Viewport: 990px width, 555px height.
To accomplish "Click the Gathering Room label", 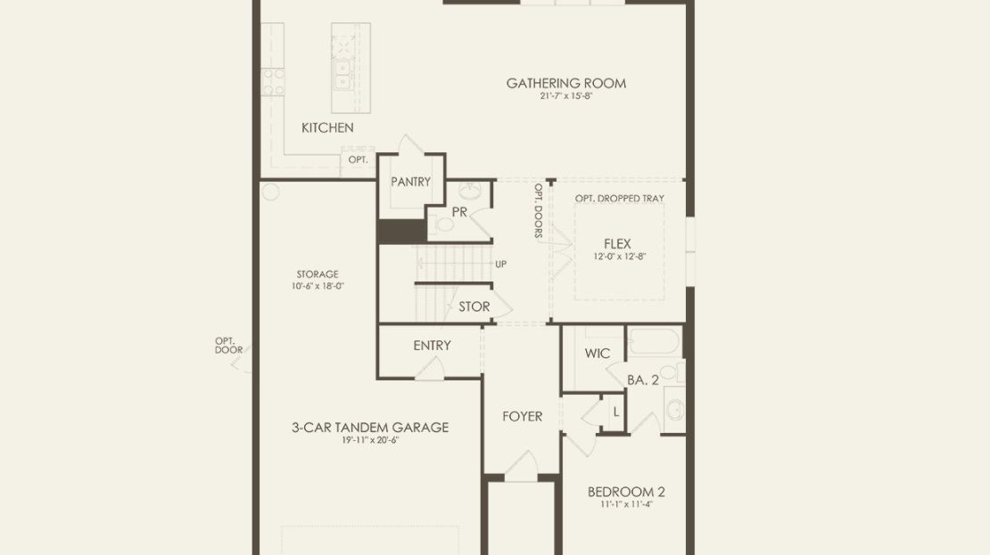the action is coord(566,83).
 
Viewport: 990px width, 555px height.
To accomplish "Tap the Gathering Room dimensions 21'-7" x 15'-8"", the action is coord(566,96).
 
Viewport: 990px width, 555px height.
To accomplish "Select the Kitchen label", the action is coord(327,127).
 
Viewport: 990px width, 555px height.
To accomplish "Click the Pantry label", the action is coord(410,182).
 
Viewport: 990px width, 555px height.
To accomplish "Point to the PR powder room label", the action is coord(459,212).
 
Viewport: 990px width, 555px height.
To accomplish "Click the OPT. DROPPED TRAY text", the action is coord(619,198).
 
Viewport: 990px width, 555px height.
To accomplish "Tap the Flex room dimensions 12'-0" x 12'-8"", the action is coord(619,257).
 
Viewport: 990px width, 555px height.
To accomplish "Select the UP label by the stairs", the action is coord(500,265).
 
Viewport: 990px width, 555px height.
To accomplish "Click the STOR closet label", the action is coord(474,306).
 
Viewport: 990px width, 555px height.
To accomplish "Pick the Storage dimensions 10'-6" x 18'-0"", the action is coord(318,286).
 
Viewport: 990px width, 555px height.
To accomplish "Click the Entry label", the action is coord(433,346).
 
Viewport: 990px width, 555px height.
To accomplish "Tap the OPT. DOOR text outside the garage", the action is coord(228,346).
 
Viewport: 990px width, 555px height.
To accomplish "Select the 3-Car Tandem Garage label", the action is coord(370,427).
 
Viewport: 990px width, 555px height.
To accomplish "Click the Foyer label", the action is coord(522,416).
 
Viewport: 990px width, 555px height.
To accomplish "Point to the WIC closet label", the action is coord(598,353).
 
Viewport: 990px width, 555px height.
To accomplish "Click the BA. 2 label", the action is coord(643,380).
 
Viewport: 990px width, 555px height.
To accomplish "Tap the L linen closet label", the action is coord(616,412).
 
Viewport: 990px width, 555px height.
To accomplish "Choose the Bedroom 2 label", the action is coord(626,491).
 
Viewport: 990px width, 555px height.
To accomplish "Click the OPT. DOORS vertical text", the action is coord(539,211).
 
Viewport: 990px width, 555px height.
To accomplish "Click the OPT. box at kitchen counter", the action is coord(358,159).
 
